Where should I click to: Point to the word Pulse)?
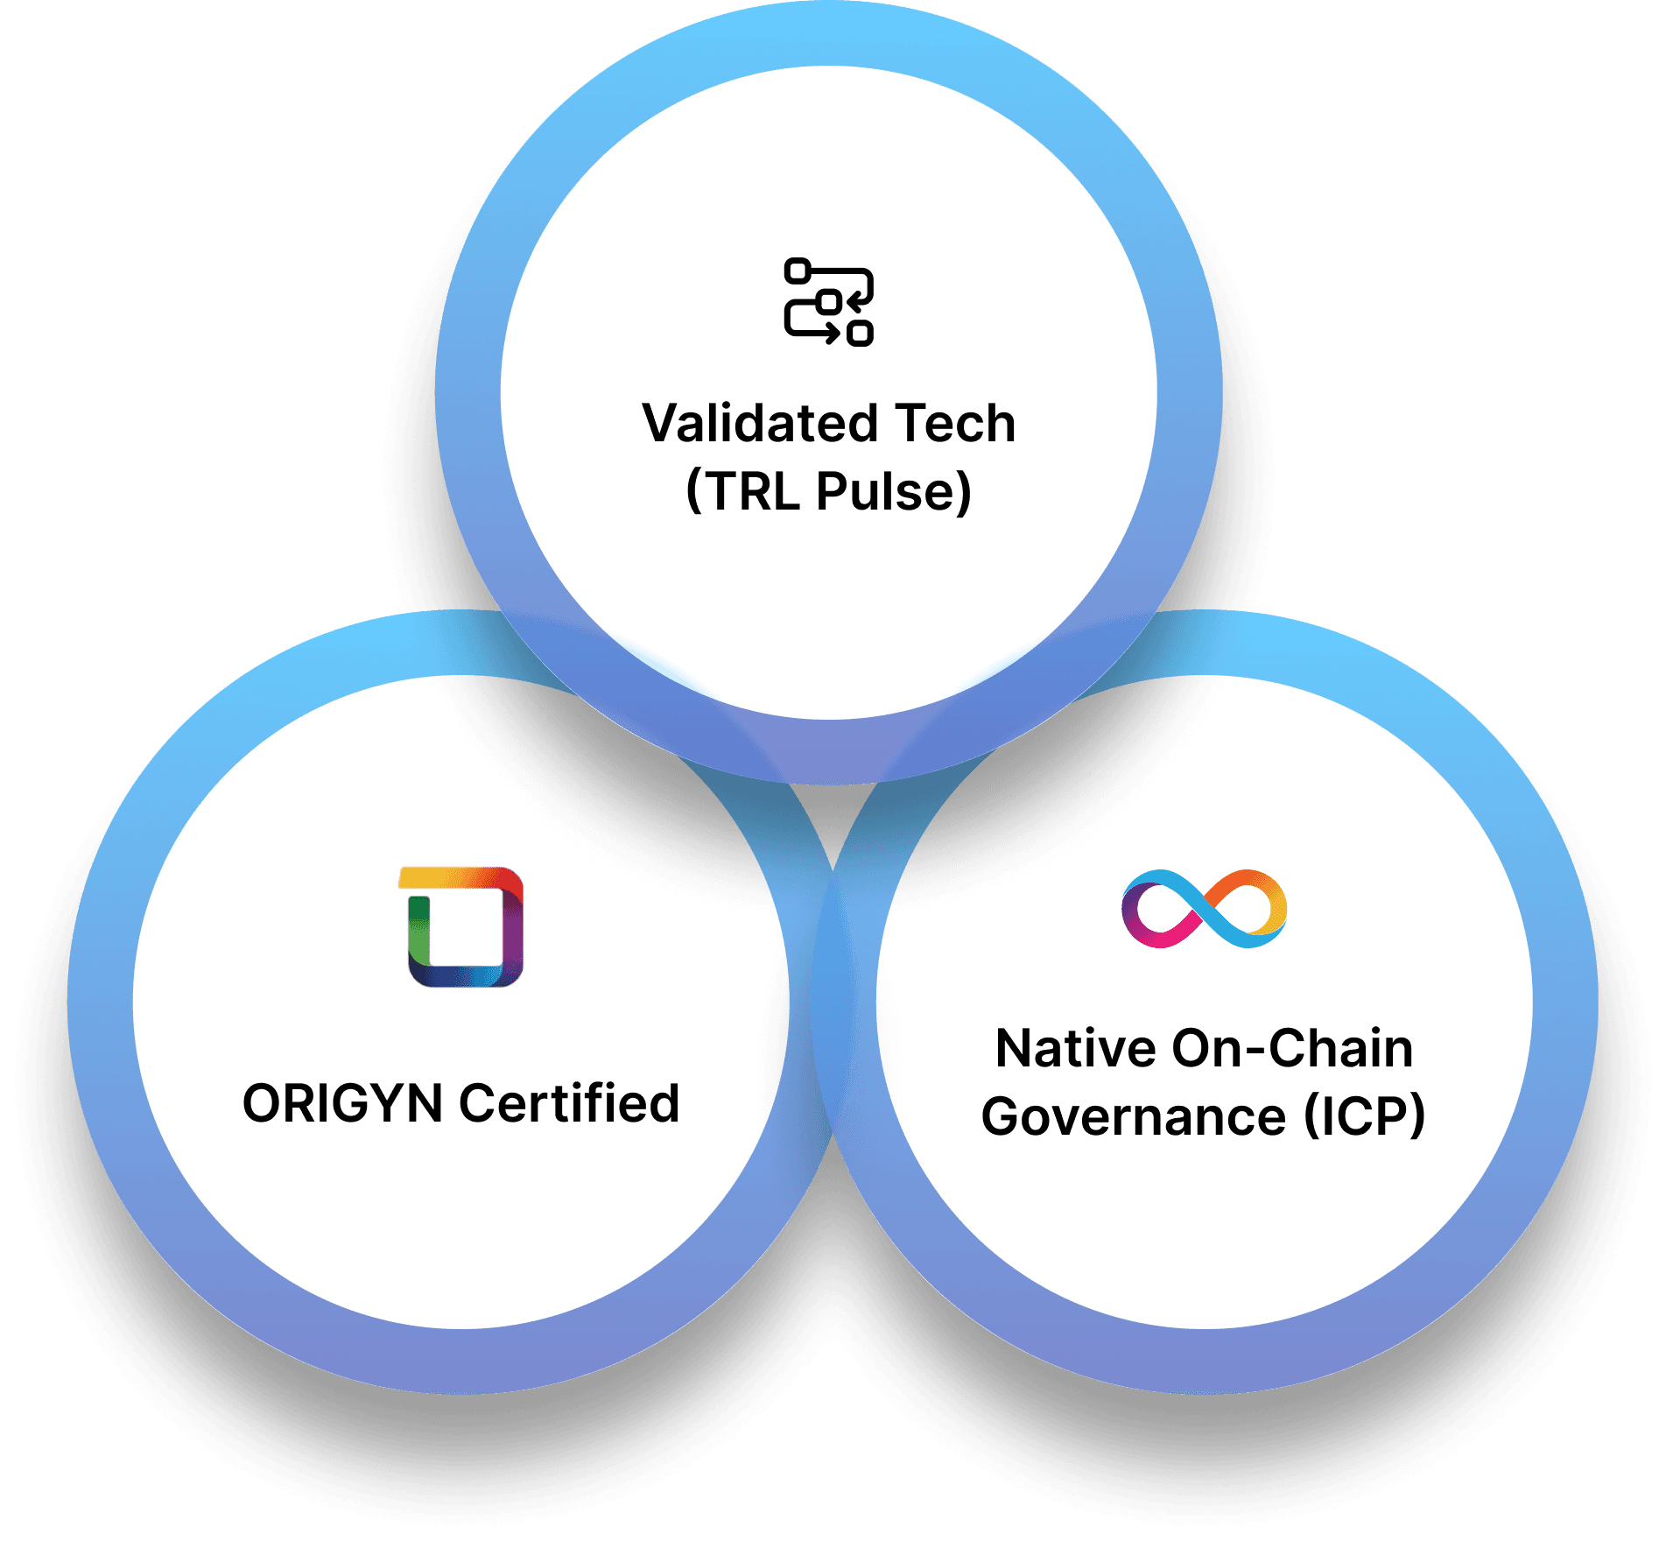894,491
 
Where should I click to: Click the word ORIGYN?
342,1103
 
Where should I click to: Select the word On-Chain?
1292,1049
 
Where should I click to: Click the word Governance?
1134,1117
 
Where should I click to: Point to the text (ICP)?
1364,1117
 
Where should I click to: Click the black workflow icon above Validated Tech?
828,302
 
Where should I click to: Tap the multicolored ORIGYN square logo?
461,926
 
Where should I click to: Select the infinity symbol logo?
1204,909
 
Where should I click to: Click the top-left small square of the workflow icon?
797,271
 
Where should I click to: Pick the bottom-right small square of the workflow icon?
861,334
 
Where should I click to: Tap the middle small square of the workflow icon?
829,302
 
